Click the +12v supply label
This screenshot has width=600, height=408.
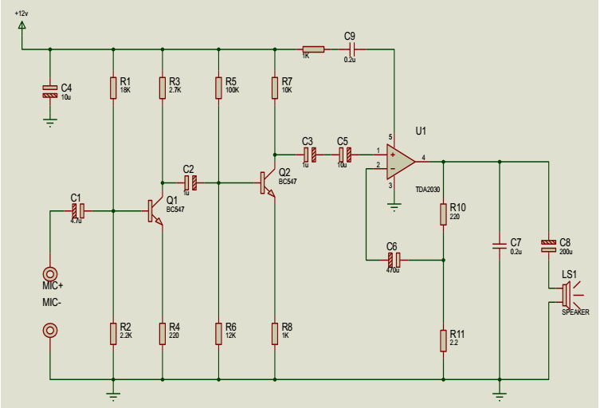click(x=21, y=14)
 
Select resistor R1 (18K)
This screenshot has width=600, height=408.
click(x=113, y=88)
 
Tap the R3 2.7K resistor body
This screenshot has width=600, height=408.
click(x=163, y=88)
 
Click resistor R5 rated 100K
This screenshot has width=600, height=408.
click(x=218, y=88)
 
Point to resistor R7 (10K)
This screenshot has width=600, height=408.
click(x=274, y=88)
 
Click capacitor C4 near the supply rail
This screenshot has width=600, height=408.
click(x=49, y=92)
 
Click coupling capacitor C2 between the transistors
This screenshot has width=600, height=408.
click(x=190, y=182)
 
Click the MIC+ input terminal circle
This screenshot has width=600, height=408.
click(x=49, y=273)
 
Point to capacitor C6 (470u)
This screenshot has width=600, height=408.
click(x=393, y=259)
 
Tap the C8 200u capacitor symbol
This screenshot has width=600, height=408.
click(x=548, y=245)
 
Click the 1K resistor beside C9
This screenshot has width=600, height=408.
click(x=313, y=49)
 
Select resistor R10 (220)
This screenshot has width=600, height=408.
click(x=443, y=214)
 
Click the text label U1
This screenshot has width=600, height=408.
click(x=420, y=131)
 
